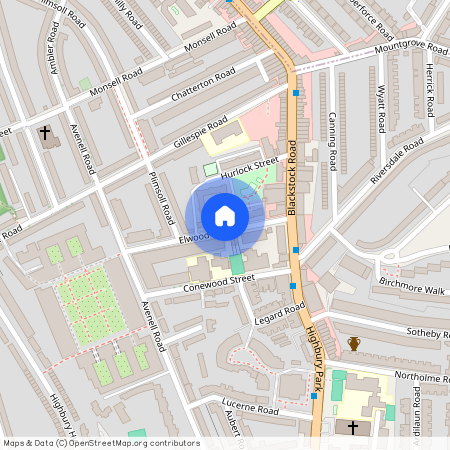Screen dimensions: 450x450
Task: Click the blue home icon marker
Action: [x=225, y=216]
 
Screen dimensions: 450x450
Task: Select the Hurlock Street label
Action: [x=250, y=166]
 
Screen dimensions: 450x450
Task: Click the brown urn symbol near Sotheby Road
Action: [x=353, y=344]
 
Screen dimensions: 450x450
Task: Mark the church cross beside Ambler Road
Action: [x=45, y=132]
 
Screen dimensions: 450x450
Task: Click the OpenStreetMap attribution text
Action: [x=100, y=443]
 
